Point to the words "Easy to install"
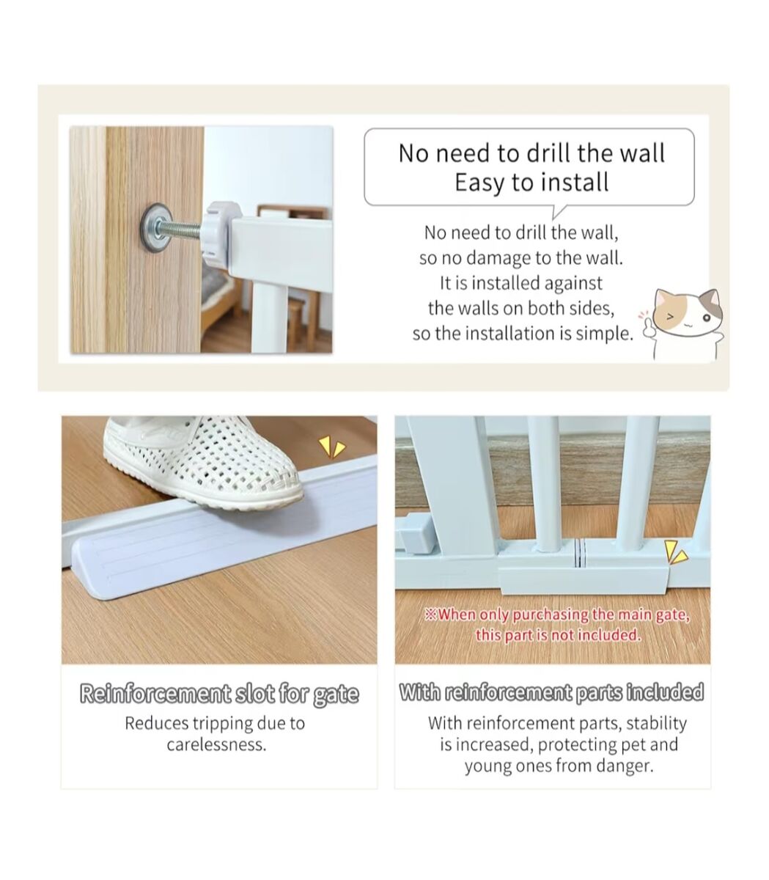tap(531, 182)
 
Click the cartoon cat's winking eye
tap(669, 317)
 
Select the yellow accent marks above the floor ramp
tap(331, 448)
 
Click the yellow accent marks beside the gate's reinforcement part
tap(676, 554)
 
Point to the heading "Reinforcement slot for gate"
tap(219, 694)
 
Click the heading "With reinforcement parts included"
tap(551, 692)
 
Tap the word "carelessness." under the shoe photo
tap(217, 745)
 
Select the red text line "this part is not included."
tap(558, 635)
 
